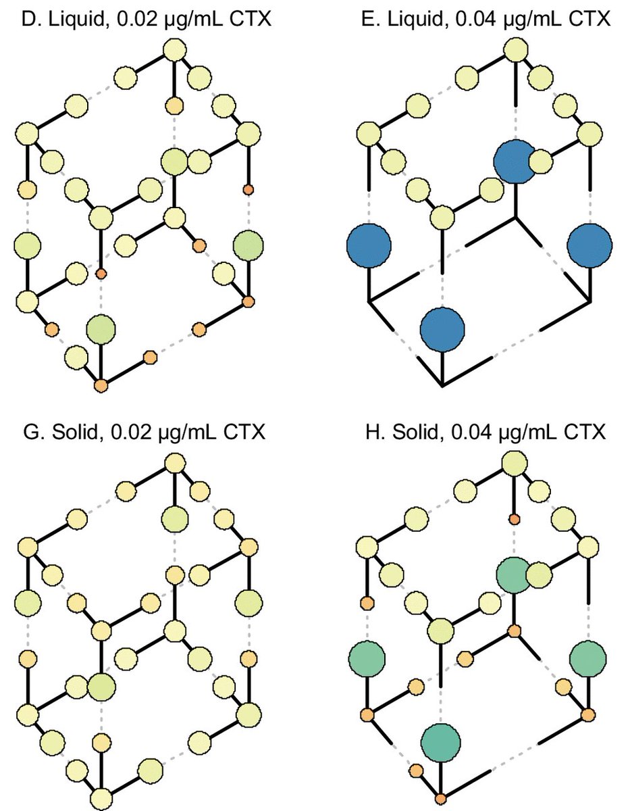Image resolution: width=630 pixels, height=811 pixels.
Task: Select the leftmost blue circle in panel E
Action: [x=369, y=247]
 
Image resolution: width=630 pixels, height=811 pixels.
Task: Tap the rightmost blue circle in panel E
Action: [x=589, y=247]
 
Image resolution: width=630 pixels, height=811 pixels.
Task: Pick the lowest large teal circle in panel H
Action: [x=441, y=741]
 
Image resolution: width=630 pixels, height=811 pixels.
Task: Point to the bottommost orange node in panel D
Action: [x=101, y=386]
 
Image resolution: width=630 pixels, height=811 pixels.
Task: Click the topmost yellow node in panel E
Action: [x=516, y=50]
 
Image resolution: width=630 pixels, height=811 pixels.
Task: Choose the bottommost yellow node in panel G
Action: [x=101, y=797]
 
